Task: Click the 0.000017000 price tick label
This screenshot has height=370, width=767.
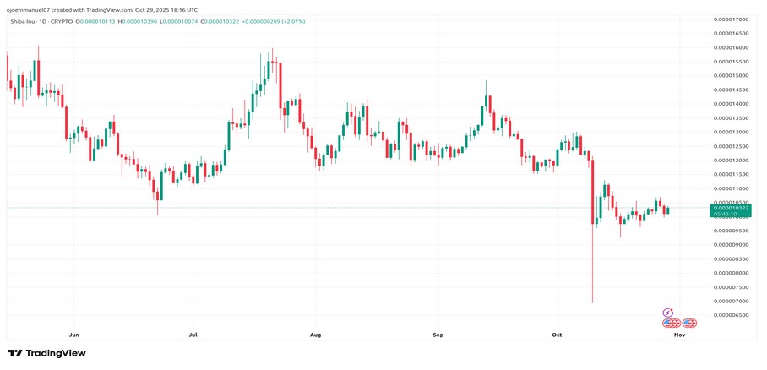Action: pyautogui.click(x=731, y=19)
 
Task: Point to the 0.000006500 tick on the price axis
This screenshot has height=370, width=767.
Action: pyautogui.click(x=731, y=315)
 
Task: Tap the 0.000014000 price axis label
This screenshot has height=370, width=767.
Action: pyautogui.click(x=731, y=103)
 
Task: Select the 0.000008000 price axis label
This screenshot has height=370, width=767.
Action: pyautogui.click(x=731, y=273)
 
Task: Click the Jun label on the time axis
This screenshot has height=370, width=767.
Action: pyautogui.click(x=74, y=335)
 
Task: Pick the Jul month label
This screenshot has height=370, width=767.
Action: pyautogui.click(x=193, y=335)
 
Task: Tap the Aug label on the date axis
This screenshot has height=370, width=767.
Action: pyautogui.click(x=315, y=335)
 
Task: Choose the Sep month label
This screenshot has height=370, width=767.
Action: pyautogui.click(x=438, y=335)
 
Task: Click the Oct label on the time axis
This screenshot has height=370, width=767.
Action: pyautogui.click(x=557, y=335)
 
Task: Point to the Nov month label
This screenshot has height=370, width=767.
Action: pyautogui.click(x=679, y=335)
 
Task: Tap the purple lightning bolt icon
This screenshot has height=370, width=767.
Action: pyautogui.click(x=668, y=313)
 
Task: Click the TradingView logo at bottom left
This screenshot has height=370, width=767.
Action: pyautogui.click(x=46, y=353)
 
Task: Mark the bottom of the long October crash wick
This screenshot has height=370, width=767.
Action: pyautogui.click(x=592, y=302)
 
